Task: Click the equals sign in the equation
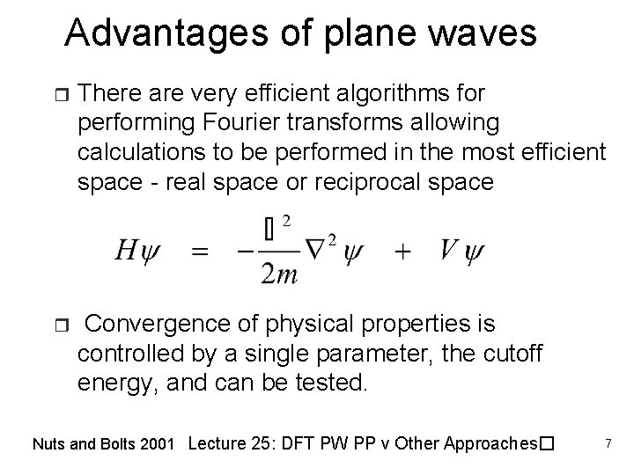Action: click(201, 252)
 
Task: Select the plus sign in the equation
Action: click(402, 252)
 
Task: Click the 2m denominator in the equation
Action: click(279, 274)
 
